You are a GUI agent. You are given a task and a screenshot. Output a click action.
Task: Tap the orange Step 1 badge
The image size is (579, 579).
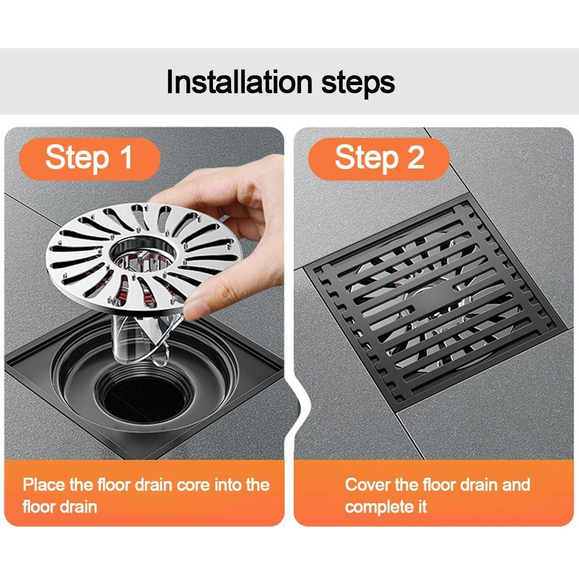click(x=89, y=157)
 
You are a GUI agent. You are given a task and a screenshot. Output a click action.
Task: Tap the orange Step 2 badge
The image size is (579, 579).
click(x=379, y=157)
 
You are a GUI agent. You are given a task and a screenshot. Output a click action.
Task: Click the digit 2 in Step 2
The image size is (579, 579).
click(x=415, y=157)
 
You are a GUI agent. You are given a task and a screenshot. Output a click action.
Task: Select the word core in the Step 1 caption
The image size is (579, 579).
click(x=191, y=484)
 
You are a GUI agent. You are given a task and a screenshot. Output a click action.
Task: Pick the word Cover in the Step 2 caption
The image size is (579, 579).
click(x=367, y=484)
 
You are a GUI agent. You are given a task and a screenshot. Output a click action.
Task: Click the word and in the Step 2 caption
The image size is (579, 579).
click(x=516, y=484)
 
